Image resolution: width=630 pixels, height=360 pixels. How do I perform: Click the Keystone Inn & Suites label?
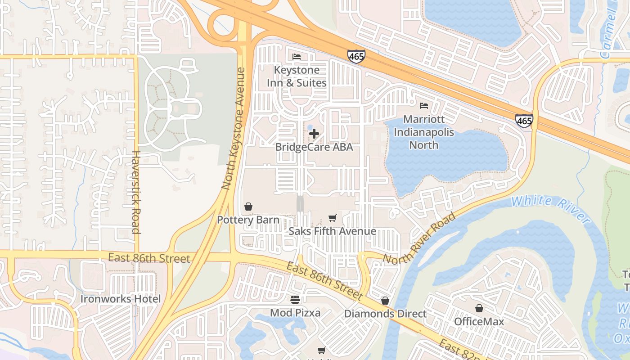(297, 76)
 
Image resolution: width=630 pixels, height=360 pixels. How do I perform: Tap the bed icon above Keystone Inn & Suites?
(297, 57)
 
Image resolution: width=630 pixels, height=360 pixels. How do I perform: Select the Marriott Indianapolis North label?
(424, 132)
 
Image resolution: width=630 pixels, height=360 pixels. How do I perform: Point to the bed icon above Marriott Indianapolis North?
(424, 106)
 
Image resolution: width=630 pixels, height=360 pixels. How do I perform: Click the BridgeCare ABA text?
(314, 147)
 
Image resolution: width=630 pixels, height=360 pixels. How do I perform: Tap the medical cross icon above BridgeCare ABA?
(314, 134)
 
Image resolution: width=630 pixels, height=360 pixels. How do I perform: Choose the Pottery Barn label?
(248, 220)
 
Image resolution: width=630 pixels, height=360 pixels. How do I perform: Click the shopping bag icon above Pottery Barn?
(248, 207)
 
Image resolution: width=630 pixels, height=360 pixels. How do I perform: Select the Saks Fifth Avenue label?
(332, 231)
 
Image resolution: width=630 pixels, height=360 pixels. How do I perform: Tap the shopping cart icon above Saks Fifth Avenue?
(332, 218)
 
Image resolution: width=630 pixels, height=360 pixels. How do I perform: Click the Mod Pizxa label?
(295, 312)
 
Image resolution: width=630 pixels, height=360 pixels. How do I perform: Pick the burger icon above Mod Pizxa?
(295, 299)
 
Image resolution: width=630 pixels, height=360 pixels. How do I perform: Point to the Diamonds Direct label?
(385, 314)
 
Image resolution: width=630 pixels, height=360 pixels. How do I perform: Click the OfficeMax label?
(479, 321)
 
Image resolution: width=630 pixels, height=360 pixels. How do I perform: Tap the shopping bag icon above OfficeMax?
(479, 308)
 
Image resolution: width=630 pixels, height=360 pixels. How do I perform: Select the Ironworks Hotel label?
(120, 299)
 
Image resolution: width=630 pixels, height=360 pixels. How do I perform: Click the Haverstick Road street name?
(136, 192)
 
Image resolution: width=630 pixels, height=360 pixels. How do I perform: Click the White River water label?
(551, 209)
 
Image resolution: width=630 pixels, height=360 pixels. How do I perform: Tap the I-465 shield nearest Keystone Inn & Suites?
(356, 56)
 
